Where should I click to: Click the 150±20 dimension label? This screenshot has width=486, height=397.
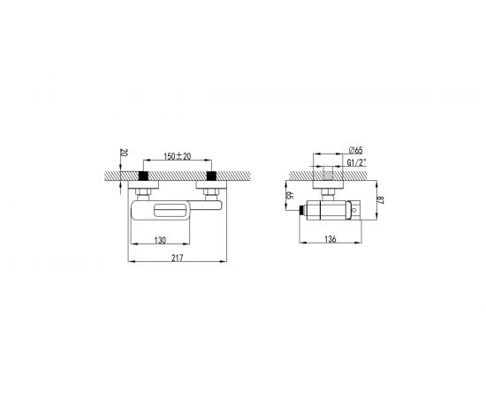pos(178,156)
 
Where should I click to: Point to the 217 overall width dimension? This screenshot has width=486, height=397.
pos(178,258)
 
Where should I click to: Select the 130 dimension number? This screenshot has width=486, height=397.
pos(160,240)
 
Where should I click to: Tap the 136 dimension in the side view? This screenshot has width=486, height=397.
pos(330,239)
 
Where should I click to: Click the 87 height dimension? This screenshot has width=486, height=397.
pos(381,200)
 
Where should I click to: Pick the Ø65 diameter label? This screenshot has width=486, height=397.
pos(355,150)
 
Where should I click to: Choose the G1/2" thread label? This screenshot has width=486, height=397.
pos(356,162)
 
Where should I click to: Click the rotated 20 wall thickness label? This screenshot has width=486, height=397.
pos(124,153)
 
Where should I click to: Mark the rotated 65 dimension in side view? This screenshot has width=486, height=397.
pos(290,196)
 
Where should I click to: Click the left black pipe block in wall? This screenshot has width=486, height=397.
pos(143,176)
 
